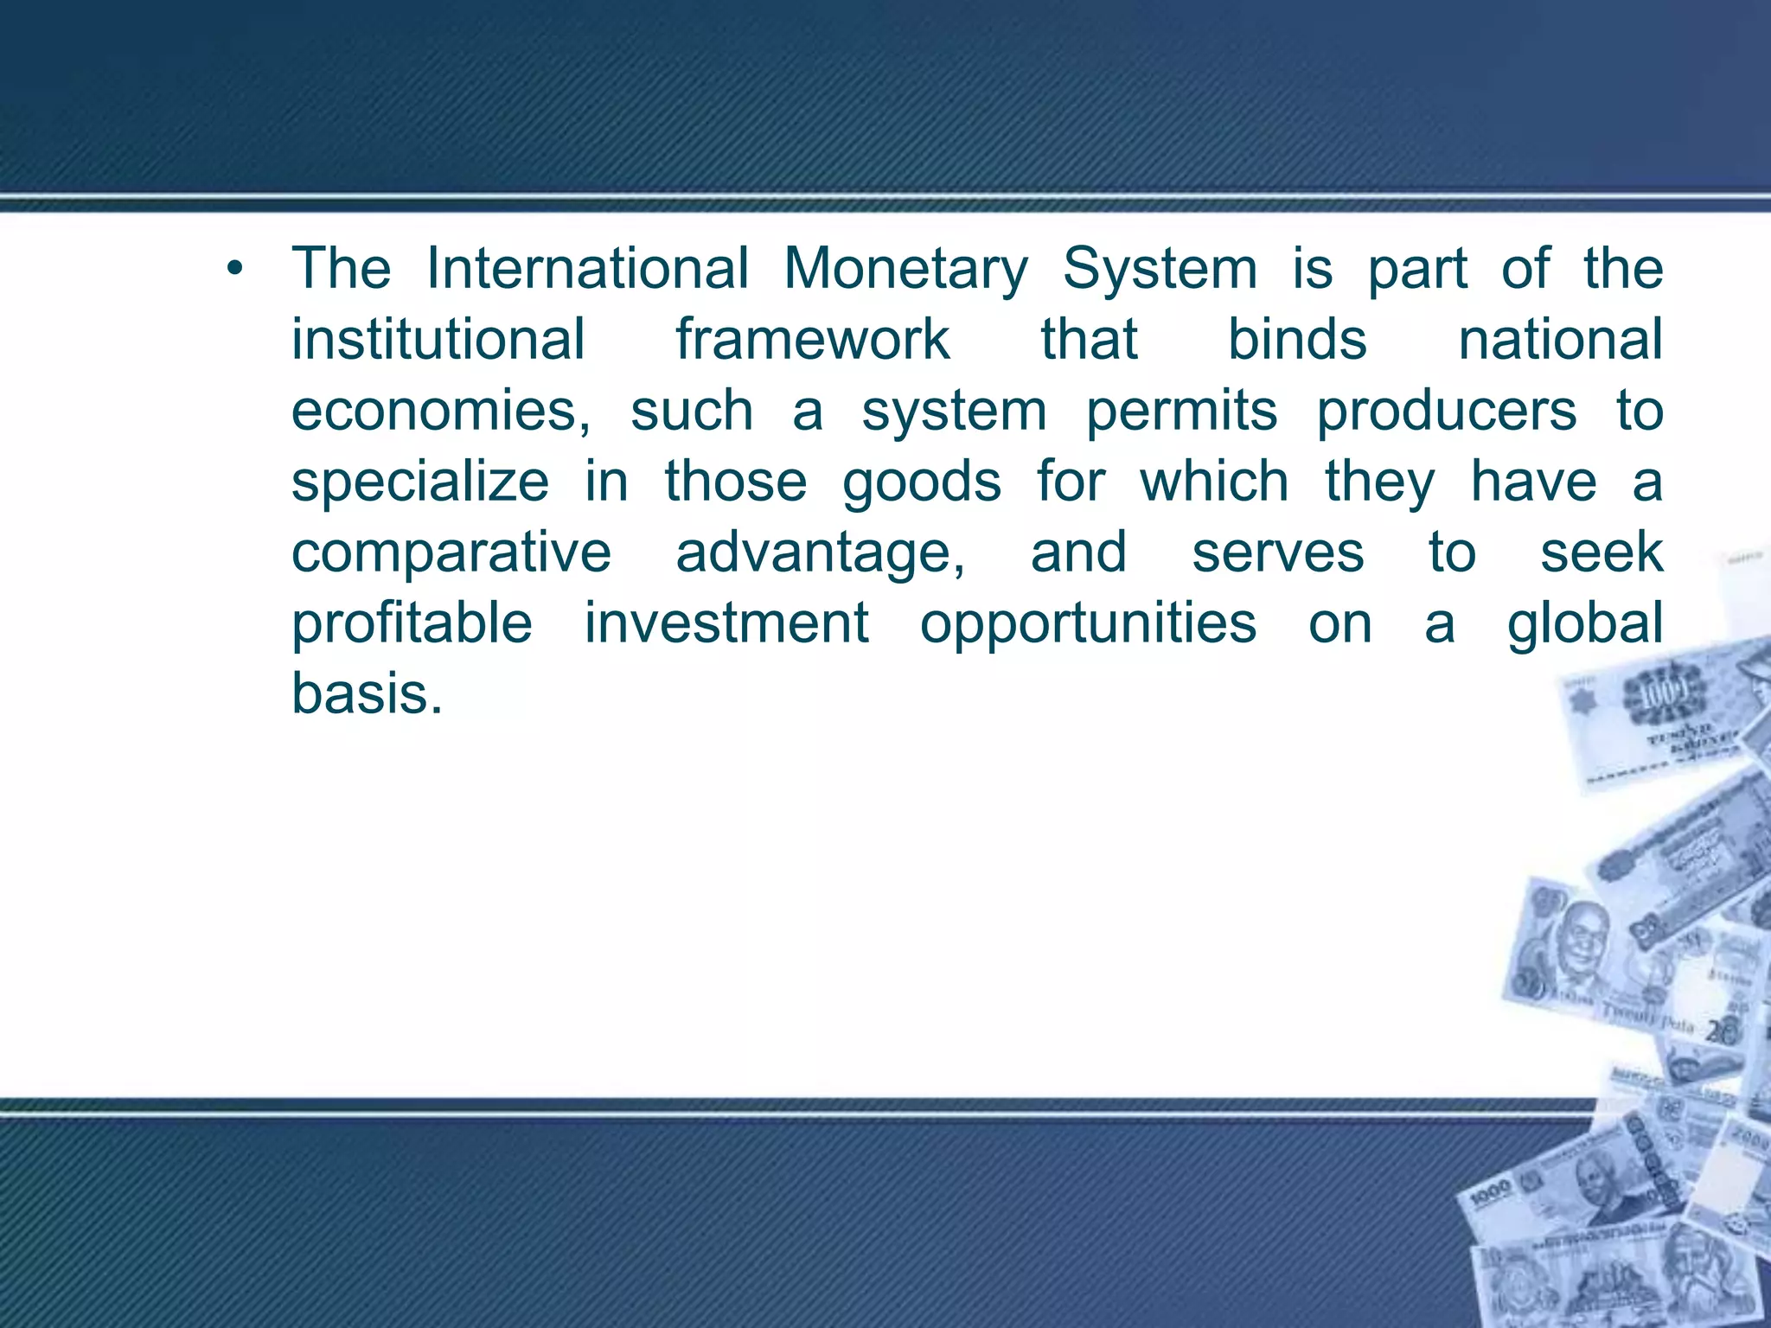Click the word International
[588, 268]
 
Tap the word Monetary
[905, 270]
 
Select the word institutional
[438, 339]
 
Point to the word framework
[813, 339]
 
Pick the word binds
[1297, 339]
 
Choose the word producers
[1447, 411]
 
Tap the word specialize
[420, 482]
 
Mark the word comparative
[451, 552]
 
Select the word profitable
[412, 623]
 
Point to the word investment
[726, 623]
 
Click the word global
[1585, 623]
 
